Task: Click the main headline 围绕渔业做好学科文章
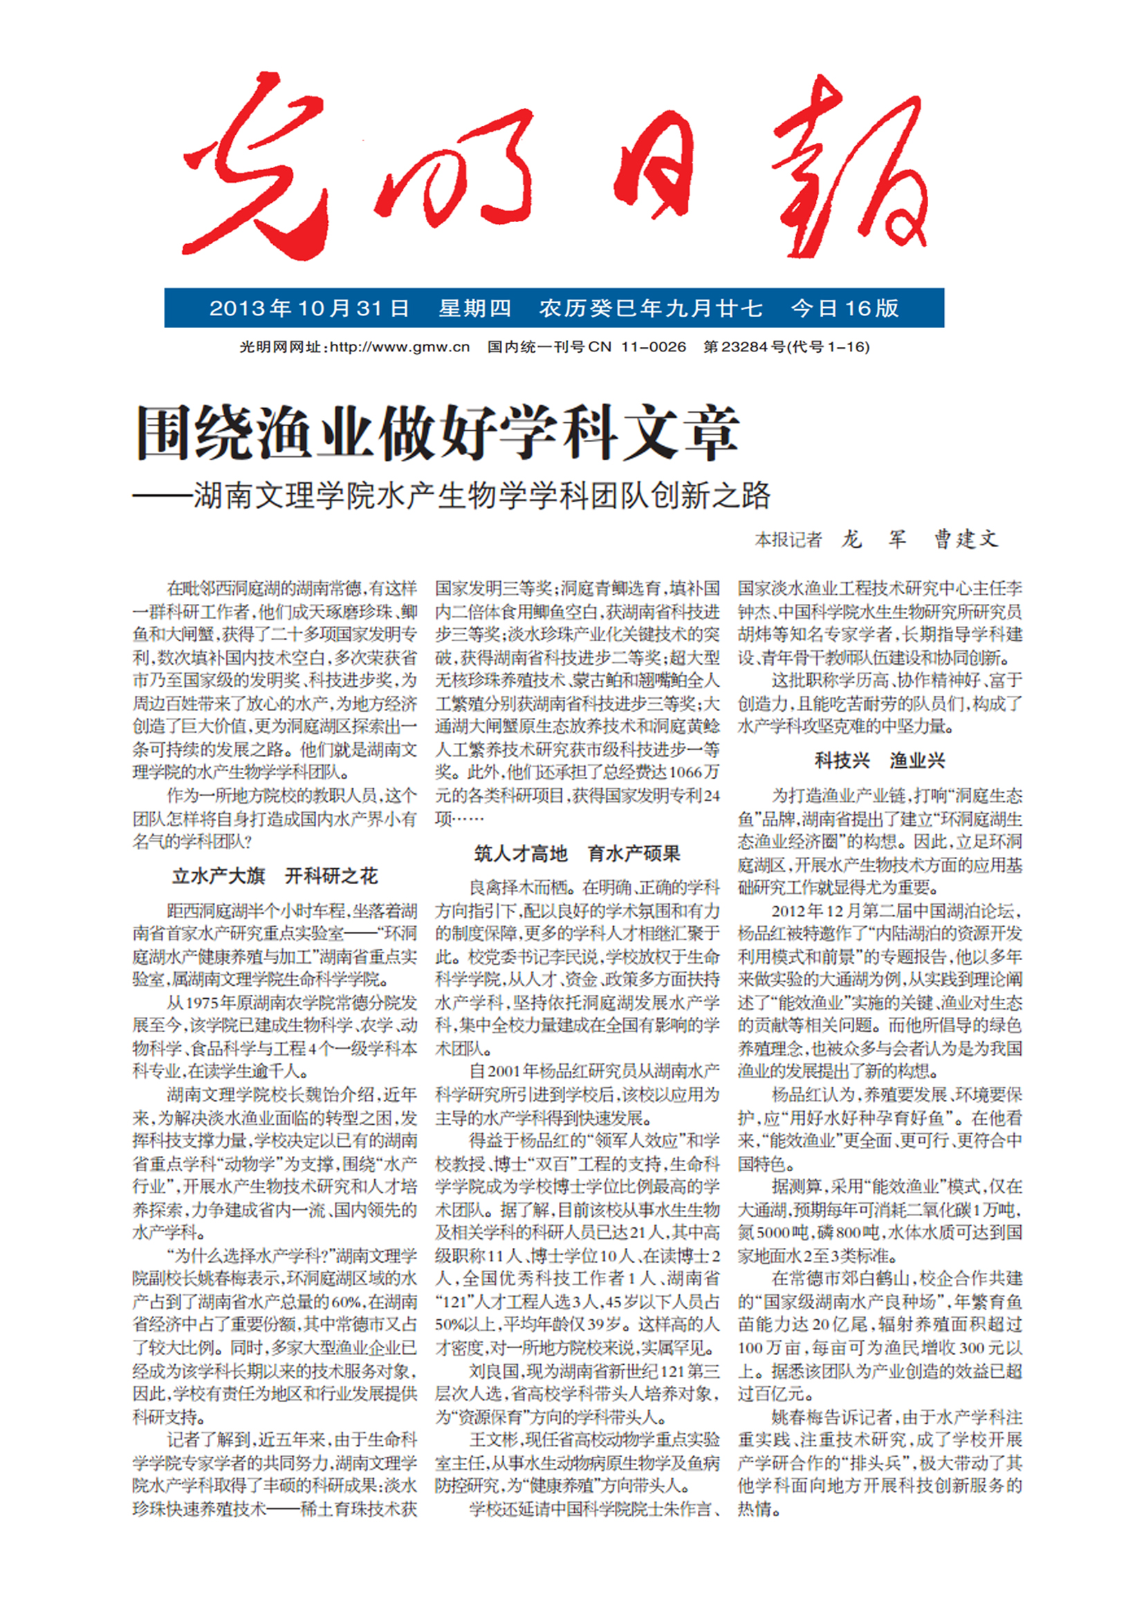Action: point(436,432)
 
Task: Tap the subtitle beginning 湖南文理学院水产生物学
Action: point(482,496)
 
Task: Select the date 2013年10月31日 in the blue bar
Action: point(309,308)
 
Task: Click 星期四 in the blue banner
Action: point(474,308)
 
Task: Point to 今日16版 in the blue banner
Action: point(845,308)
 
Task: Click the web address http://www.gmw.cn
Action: point(399,347)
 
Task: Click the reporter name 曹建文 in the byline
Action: point(966,540)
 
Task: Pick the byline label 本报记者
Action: point(788,540)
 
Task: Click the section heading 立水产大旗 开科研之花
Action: point(275,876)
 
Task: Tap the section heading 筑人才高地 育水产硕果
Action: point(577,854)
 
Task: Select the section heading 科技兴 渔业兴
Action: point(879,760)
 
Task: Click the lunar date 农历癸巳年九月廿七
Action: point(651,308)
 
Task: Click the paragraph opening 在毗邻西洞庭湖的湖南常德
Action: point(275,680)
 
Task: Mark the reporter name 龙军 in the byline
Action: point(874,540)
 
